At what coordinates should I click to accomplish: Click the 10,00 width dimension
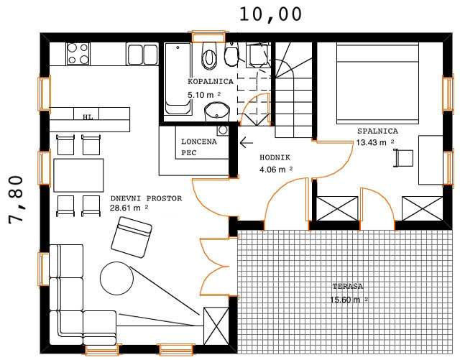point(270,14)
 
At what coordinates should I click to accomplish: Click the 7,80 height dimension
point(16,200)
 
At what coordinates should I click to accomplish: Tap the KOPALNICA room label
point(211,81)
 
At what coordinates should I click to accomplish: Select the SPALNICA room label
point(377,131)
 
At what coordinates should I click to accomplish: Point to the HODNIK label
point(275,157)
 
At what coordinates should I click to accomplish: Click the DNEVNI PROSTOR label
point(146,198)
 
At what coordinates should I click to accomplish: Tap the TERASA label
point(348,286)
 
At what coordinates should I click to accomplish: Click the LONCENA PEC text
point(198,147)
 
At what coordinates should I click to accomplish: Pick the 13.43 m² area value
point(375,142)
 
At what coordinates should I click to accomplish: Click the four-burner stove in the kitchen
point(78,53)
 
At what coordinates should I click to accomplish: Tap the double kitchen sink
point(142,54)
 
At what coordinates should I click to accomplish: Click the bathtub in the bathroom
point(178,78)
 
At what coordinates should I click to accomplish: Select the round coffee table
point(116,278)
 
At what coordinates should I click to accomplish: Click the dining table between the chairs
point(78,175)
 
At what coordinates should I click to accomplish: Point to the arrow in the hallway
point(246,143)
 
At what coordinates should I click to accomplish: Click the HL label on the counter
point(88,117)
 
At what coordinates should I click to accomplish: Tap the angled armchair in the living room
point(132,237)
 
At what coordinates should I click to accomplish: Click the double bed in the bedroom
point(377,83)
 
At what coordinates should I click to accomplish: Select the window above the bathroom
point(208,37)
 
